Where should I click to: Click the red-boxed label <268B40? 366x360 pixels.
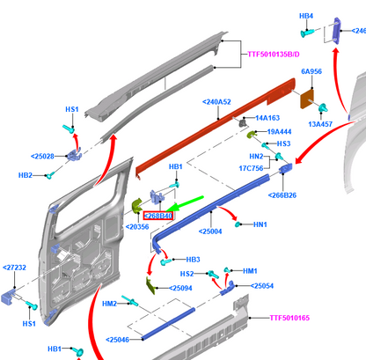(157, 216)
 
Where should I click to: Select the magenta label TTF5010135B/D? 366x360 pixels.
(274, 55)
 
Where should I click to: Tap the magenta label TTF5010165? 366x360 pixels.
(289, 318)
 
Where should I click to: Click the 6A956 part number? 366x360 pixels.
(311, 71)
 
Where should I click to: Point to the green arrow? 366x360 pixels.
(185, 203)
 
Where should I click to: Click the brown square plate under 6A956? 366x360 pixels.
(307, 99)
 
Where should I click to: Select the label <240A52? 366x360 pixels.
(216, 102)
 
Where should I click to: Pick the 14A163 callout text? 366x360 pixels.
(267, 118)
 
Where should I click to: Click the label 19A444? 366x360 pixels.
(279, 132)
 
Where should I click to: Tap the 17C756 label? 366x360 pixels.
(251, 168)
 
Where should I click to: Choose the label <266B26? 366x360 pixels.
(282, 195)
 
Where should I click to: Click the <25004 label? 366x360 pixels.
(210, 231)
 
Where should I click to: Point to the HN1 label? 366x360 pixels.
(260, 224)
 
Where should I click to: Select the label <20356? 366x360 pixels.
(137, 227)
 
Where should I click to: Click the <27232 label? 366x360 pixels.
(14, 268)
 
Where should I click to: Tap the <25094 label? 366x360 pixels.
(180, 288)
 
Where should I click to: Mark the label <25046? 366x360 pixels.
(117, 340)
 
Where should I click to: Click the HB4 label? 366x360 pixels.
(306, 16)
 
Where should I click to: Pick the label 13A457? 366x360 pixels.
(320, 124)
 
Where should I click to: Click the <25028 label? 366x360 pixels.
(42, 157)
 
